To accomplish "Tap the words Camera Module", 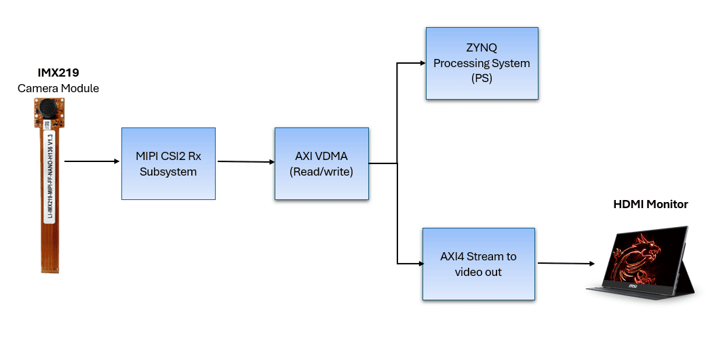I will coord(58,88).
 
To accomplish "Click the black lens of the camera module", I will coord(49,106).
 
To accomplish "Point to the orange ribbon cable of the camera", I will coord(49,203).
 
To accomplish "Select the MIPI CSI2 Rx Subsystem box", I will coord(168,163).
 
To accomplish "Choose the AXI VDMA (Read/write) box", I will coord(321,163).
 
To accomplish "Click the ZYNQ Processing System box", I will coord(482,64).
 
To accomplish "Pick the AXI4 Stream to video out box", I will coord(478,264).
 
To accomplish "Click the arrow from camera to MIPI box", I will coord(92,161).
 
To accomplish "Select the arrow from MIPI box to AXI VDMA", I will coord(245,162).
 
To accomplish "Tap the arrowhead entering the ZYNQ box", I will coord(421,64).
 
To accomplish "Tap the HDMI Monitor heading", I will coord(650,204).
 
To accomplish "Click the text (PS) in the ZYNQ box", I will coord(482,79).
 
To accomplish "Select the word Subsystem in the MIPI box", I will coord(168,172).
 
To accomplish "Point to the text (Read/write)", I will coord(321,172).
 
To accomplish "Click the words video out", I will coord(478,272).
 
